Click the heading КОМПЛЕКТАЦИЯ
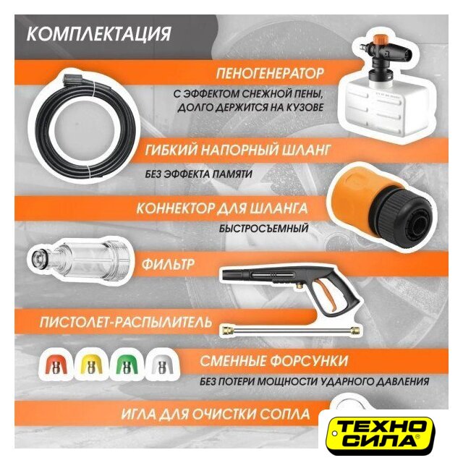(98, 34)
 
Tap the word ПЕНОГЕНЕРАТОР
(270, 73)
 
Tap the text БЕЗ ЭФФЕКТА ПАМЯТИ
(198, 174)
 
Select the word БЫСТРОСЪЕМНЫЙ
(263, 229)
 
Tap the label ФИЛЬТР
(168, 264)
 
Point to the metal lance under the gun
(291, 330)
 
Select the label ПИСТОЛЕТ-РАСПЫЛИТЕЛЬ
(126, 322)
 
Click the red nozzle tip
(56, 366)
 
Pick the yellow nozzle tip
(90, 366)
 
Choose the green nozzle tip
(127, 366)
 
